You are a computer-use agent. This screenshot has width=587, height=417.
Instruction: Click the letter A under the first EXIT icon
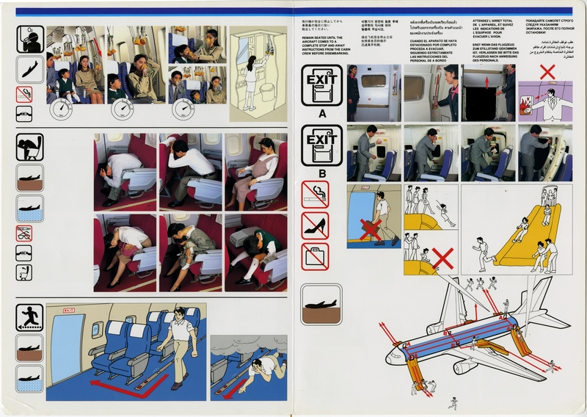(x=321, y=114)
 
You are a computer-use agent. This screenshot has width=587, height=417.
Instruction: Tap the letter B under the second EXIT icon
(x=321, y=175)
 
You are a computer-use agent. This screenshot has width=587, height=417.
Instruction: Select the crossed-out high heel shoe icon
(x=315, y=225)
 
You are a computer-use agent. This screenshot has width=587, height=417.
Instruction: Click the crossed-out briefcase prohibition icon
(x=315, y=256)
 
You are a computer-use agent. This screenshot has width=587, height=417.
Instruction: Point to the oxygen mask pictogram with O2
(x=30, y=39)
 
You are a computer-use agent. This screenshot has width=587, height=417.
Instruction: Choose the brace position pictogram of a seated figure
(x=30, y=147)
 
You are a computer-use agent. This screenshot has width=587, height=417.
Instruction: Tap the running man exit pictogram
(x=30, y=318)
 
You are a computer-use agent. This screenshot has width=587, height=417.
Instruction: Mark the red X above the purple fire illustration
(x=547, y=73)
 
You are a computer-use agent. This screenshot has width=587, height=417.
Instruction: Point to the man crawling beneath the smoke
(x=260, y=366)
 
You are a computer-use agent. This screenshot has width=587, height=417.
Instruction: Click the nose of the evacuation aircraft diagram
(x=391, y=359)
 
